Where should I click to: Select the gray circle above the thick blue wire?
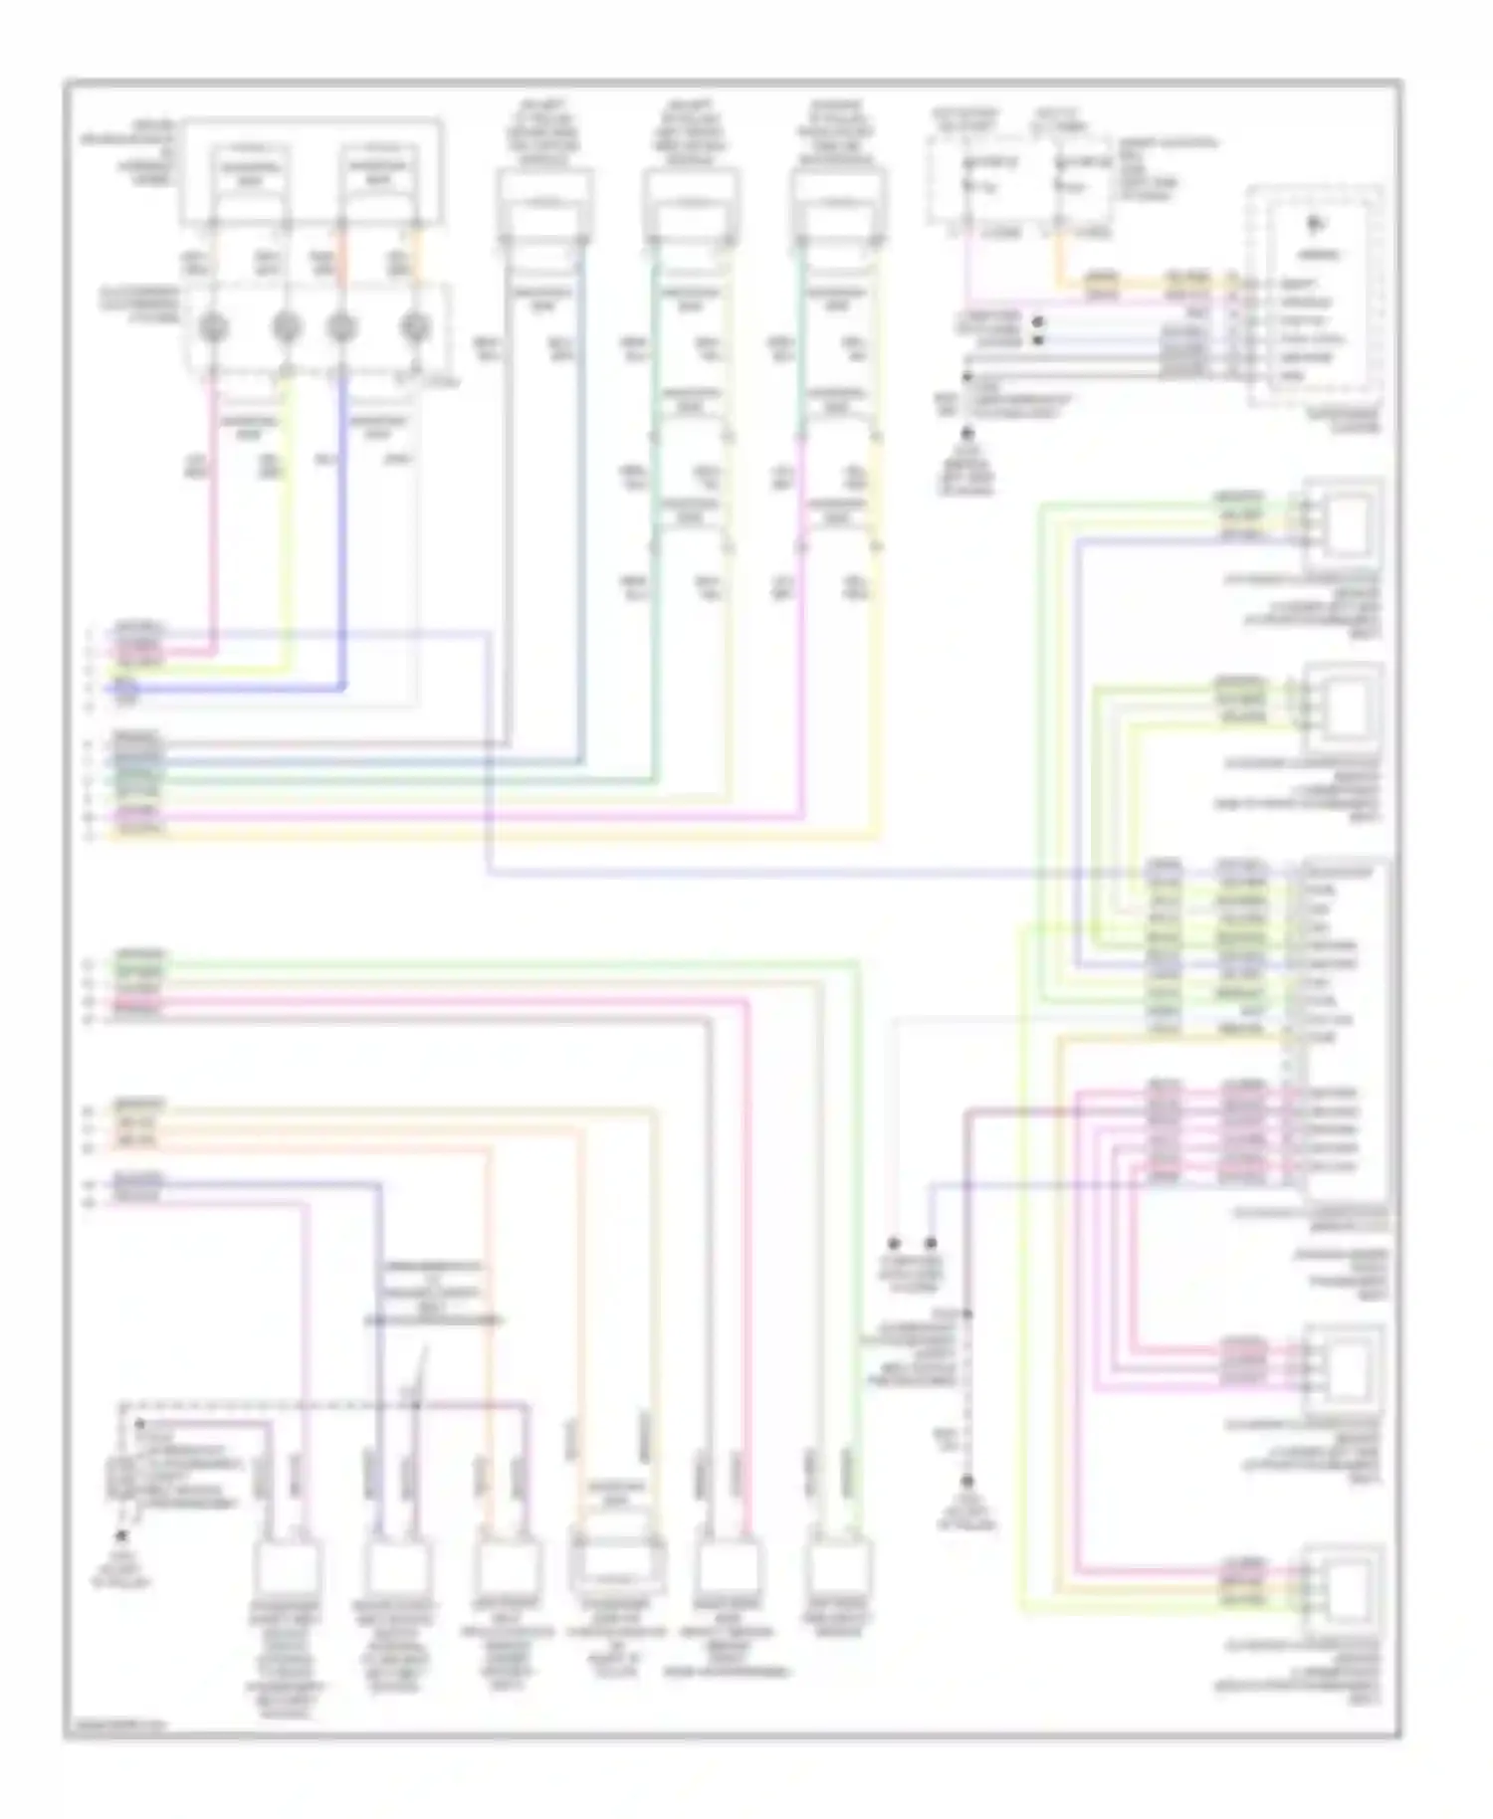click(x=342, y=327)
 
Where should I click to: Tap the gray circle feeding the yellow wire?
click(x=287, y=327)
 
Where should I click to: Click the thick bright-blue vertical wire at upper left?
click(x=342, y=527)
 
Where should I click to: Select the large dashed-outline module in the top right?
click(x=1316, y=296)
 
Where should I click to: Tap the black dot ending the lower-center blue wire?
click(x=932, y=1244)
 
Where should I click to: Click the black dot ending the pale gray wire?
click(x=894, y=1244)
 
